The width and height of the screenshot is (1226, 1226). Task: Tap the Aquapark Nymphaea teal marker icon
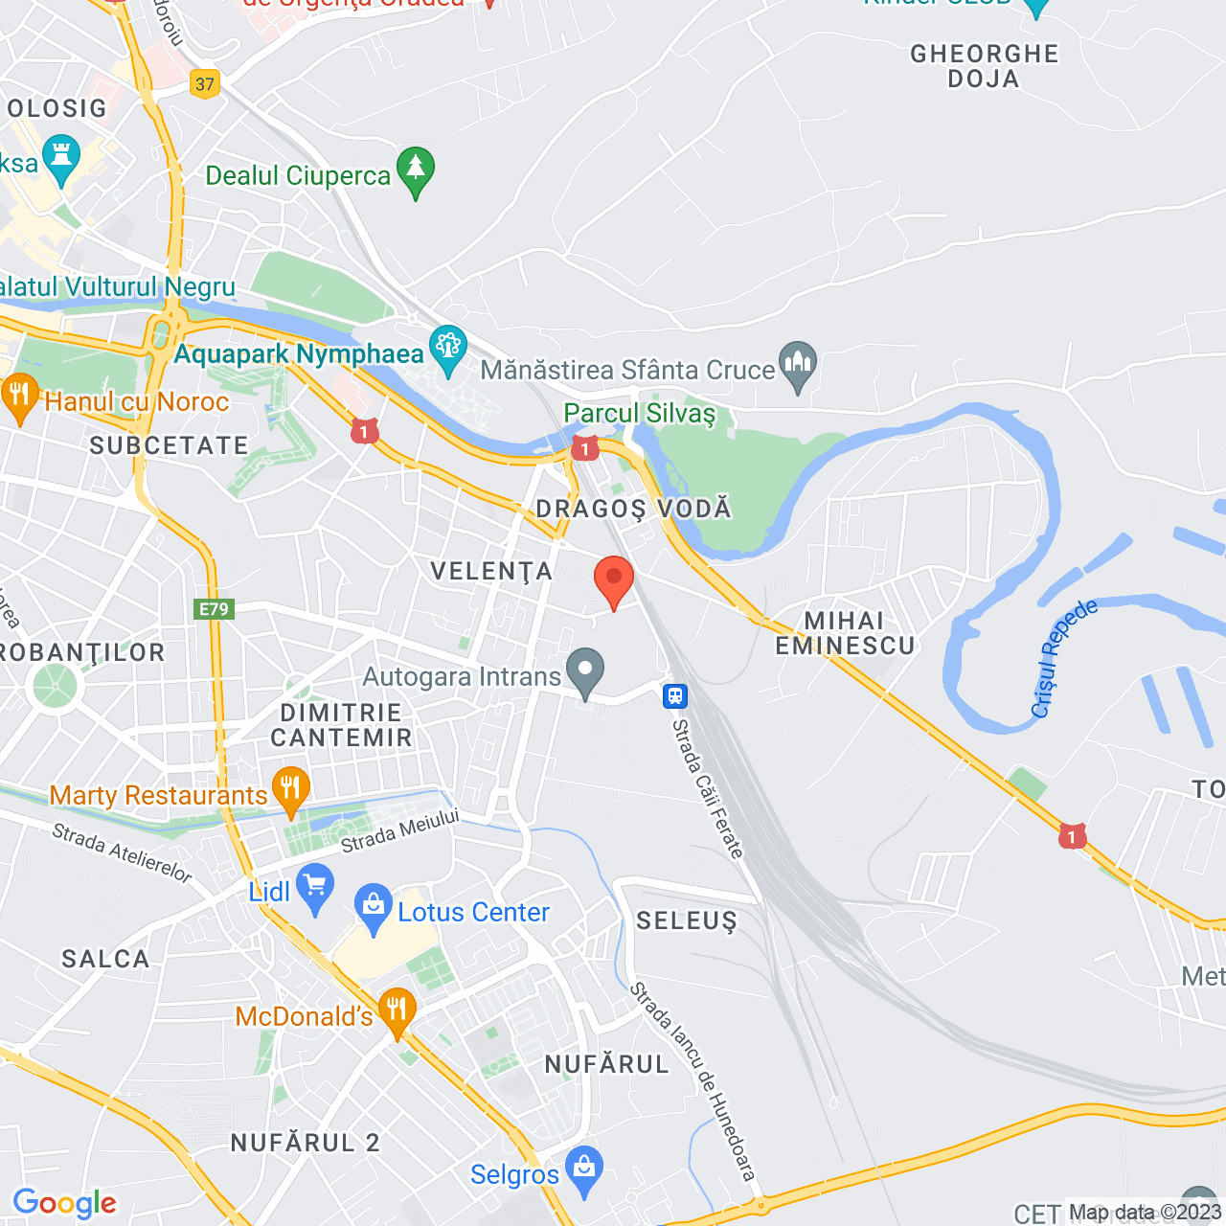click(448, 350)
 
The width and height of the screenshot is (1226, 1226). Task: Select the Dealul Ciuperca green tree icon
click(416, 170)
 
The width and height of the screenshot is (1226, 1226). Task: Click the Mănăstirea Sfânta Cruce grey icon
click(797, 365)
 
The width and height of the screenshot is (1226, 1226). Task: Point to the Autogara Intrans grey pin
click(585, 671)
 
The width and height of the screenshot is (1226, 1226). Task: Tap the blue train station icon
click(675, 696)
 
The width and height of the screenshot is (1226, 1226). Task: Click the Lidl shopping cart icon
click(314, 888)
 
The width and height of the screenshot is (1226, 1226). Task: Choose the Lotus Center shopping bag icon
click(373, 907)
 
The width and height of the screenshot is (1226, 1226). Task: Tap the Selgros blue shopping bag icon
click(583, 1169)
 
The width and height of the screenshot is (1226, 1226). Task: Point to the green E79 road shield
click(214, 609)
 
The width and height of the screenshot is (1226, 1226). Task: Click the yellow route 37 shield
click(205, 84)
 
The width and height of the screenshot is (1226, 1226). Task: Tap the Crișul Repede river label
click(1062, 659)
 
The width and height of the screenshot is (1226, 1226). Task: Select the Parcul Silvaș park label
click(640, 414)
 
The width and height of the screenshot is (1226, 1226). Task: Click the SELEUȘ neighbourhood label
click(687, 921)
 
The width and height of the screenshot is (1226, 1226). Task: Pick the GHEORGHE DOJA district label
click(984, 66)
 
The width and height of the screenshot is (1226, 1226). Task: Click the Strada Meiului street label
click(400, 830)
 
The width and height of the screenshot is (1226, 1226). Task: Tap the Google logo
click(64, 1203)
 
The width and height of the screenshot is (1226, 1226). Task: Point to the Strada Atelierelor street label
click(122, 852)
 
